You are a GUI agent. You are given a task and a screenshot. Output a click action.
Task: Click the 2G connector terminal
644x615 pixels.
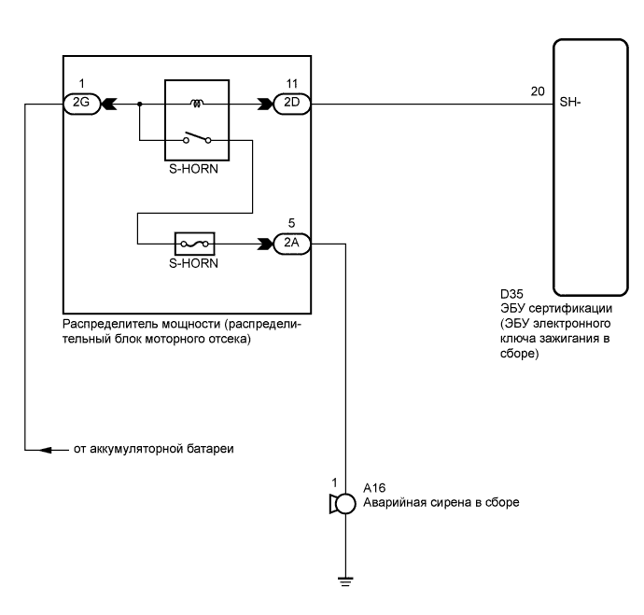coord(77,105)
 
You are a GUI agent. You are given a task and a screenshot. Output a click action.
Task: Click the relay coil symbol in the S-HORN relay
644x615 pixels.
coord(198,104)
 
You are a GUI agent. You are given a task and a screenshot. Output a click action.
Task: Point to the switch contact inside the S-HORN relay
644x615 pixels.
coord(198,139)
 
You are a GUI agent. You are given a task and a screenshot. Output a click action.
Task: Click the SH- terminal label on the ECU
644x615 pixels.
coord(570,104)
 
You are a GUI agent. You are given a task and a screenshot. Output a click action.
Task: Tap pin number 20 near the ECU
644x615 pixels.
coord(537,91)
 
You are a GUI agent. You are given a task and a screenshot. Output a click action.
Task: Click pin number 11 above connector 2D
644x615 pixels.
coord(291,85)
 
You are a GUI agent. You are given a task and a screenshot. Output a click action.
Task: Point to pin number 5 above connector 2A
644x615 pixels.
coord(291,224)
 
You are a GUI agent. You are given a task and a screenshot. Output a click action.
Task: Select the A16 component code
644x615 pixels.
coord(372,487)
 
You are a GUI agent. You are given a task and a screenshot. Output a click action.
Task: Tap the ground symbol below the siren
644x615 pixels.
coord(346,580)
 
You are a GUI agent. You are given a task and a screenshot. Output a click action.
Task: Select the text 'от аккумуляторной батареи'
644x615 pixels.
coord(152,450)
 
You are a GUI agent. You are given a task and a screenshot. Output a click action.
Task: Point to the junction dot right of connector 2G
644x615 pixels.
coord(139,105)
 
